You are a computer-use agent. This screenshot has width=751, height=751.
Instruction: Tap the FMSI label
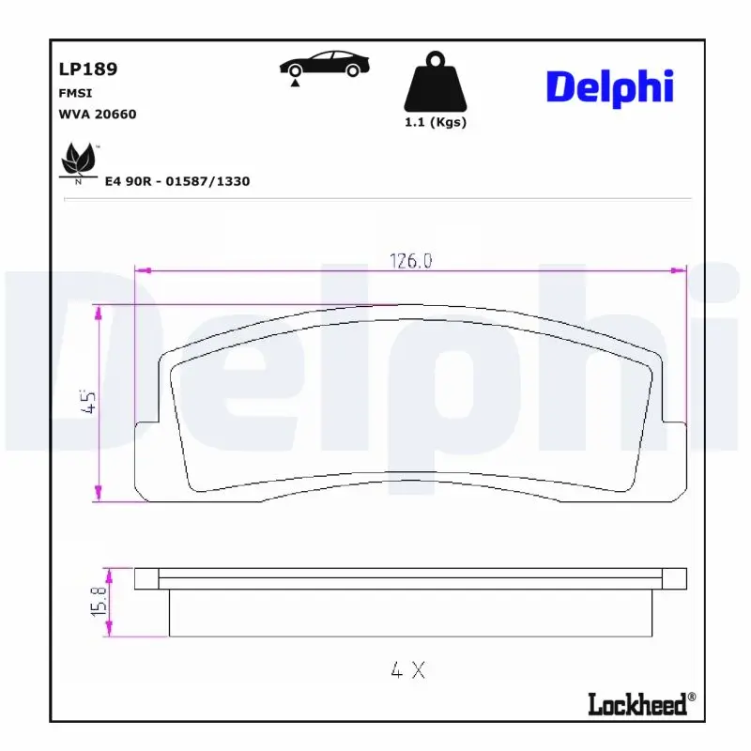pyautogui.click(x=74, y=94)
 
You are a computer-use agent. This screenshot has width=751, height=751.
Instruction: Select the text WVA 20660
pyautogui.click(x=97, y=114)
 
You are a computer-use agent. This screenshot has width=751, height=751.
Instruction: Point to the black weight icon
pyautogui.click(x=434, y=83)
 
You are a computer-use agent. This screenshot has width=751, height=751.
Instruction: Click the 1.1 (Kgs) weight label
pyautogui.click(x=435, y=123)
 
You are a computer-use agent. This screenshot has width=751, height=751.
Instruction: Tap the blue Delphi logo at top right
pyautogui.click(x=609, y=87)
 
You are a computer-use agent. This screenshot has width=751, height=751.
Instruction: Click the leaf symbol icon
pyautogui.click(x=79, y=161)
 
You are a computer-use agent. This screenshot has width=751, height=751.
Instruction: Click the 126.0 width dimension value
pyautogui.click(x=410, y=262)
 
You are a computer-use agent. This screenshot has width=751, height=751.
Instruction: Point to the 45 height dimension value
pyautogui.click(x=90, y=403)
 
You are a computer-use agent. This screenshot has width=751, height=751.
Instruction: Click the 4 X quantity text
pyautogui.click(x=408, y=670)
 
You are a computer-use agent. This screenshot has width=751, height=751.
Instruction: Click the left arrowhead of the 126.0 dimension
pyautogui.click(x=142, y=271)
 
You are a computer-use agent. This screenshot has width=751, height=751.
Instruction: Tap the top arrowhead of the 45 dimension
pyautogui.click(x=98, y=310)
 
